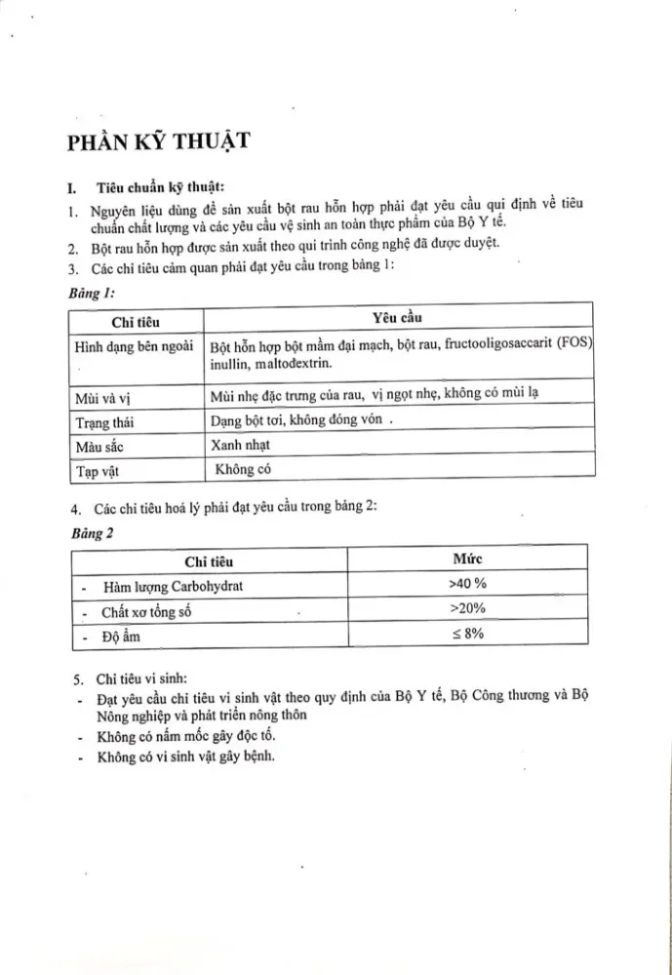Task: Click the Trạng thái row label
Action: (x=106, y=421)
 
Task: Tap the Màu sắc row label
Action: (x=102, y=446)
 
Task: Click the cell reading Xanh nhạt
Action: (x=239, y=445)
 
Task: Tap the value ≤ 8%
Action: (x=467, y=634)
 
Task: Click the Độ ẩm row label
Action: (x=118, y=636)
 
